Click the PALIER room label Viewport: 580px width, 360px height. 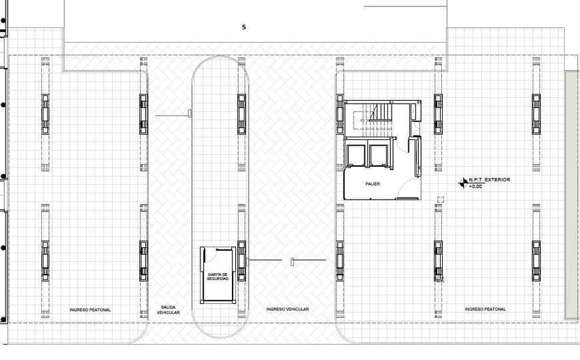(x=372, y=184)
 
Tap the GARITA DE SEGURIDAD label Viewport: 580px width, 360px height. (x=218, y=277)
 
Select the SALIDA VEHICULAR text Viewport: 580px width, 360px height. (x=169, y=309)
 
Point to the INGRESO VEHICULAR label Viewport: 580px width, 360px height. (x=288, y=309)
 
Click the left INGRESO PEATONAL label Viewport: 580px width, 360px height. (x=90, y=309)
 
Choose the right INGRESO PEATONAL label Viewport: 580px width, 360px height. (x=485, y=309)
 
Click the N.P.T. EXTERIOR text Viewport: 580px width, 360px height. (x=490, y=180)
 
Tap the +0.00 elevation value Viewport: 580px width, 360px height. (x=476, y=186)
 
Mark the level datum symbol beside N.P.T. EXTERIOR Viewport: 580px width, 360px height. (x=463, y=183)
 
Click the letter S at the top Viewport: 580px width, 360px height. (x=244, y=27)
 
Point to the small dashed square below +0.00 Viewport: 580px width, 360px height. (x=441, y=200)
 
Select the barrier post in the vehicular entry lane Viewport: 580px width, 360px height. (x=291, y=262)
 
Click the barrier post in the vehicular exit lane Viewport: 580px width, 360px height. (x=189, y=113)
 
